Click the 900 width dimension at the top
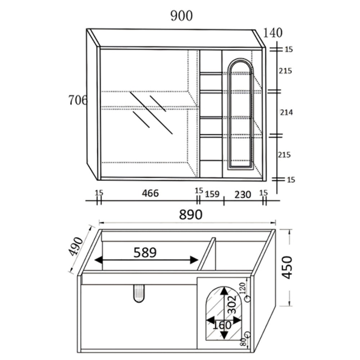tap(181, 16)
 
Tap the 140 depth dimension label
tap(273, 33)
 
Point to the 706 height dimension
tap(78, 100)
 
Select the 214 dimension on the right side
tap(286, 112)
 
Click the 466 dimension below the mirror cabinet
tap(150, 193)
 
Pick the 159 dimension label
tap(212, 194)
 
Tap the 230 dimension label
tap(243, 195)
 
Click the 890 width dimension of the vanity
tap(190, 215)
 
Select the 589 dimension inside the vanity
tap(145, 252)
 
